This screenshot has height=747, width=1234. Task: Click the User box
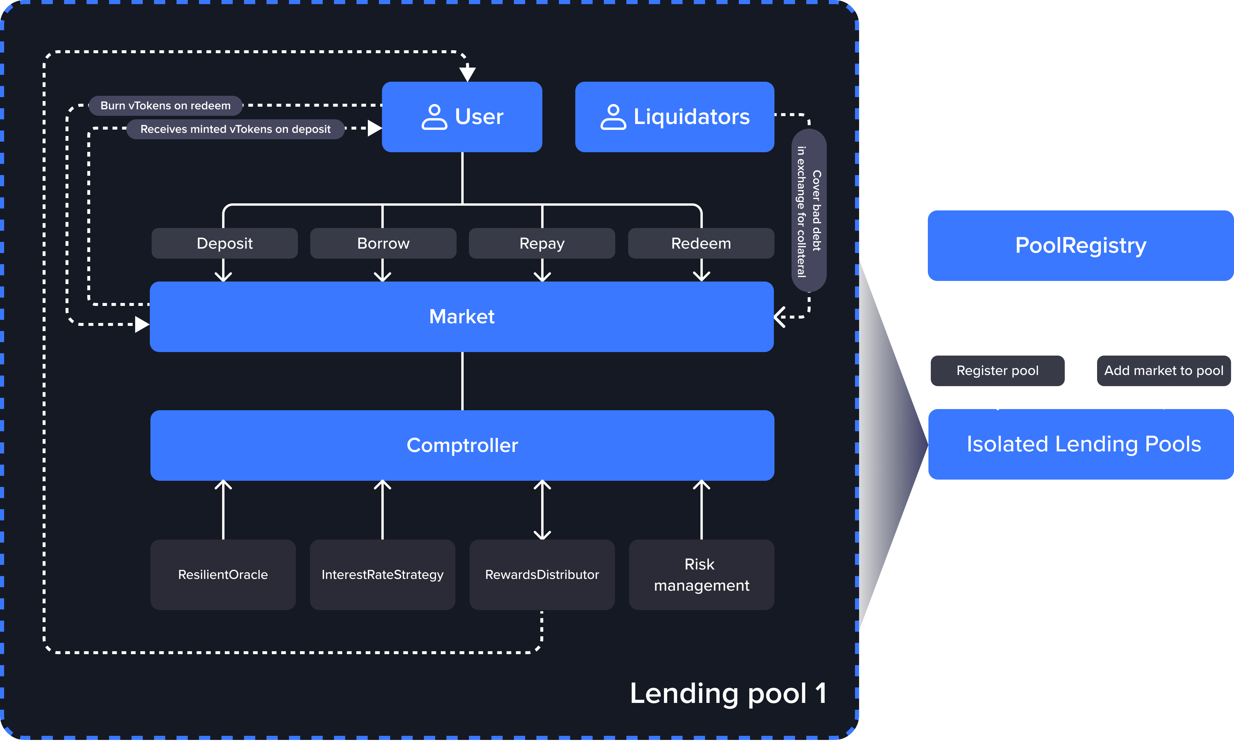coord(462,117)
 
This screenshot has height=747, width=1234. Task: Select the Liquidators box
coord(675,117)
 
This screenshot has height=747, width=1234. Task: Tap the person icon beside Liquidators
coord(613,117)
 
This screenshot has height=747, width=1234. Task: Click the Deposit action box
coord(224,244)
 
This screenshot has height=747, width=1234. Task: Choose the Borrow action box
coord(383,244)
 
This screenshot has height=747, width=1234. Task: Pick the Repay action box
coord(542,244)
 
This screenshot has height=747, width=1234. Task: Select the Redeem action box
coord(701,244)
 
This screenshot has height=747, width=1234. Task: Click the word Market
coord(462,316)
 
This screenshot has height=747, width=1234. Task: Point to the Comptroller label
coord(462,445)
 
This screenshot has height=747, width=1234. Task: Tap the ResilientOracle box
coord(223,575)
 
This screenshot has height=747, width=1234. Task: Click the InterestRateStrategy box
coord(383,575)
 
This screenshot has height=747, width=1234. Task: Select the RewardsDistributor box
coord(542,575)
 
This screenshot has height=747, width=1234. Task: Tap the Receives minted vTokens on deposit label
coord(235,129)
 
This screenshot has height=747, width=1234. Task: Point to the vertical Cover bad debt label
coord(809,210)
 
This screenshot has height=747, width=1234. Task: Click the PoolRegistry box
coord(1081,245)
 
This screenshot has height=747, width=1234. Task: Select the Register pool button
coord(997,371)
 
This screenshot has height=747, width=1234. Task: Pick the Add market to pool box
coord(1164,371)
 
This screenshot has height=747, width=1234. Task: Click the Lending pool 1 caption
coord(728,694)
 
